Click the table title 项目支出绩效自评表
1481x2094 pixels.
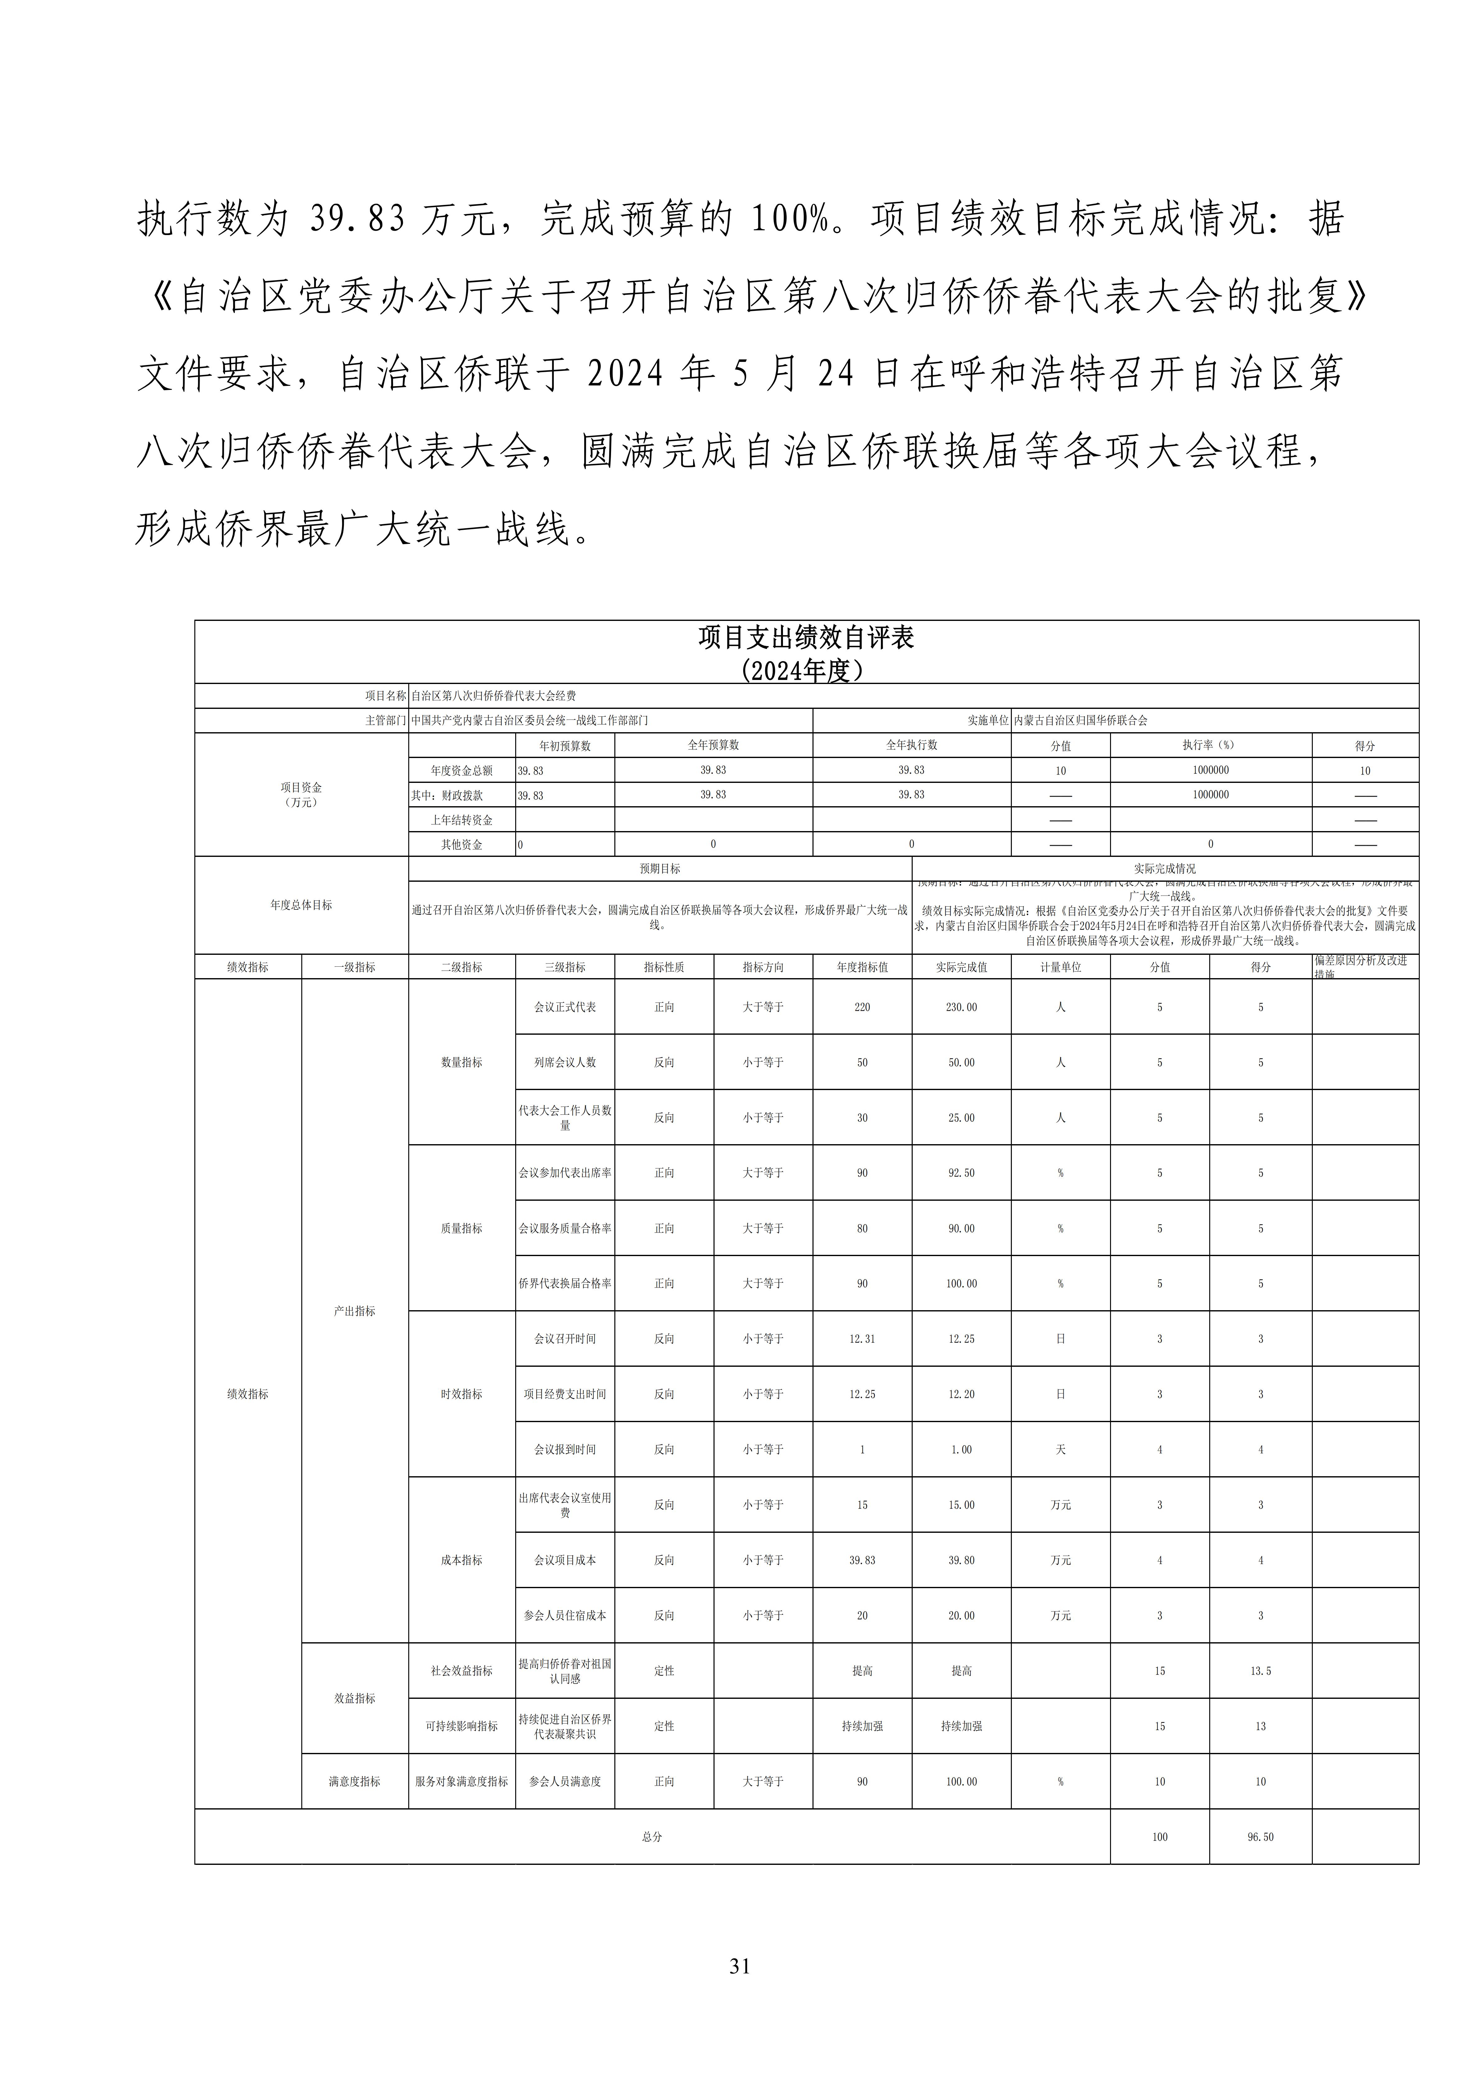click(806, 637)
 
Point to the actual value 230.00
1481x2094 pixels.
click(961, 1007)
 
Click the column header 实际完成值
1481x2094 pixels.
click(961, 967)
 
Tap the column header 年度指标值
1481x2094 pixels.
click(862, 967)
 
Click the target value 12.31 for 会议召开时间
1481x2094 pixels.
click(862, 1339)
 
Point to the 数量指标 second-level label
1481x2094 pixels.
click(461, 1062)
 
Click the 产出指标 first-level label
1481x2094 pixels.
click(355, 1310)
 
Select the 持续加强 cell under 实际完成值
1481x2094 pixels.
click(961, 1727)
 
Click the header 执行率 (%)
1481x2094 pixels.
click(1210, 745)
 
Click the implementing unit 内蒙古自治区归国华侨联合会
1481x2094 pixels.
click(1081, 720)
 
